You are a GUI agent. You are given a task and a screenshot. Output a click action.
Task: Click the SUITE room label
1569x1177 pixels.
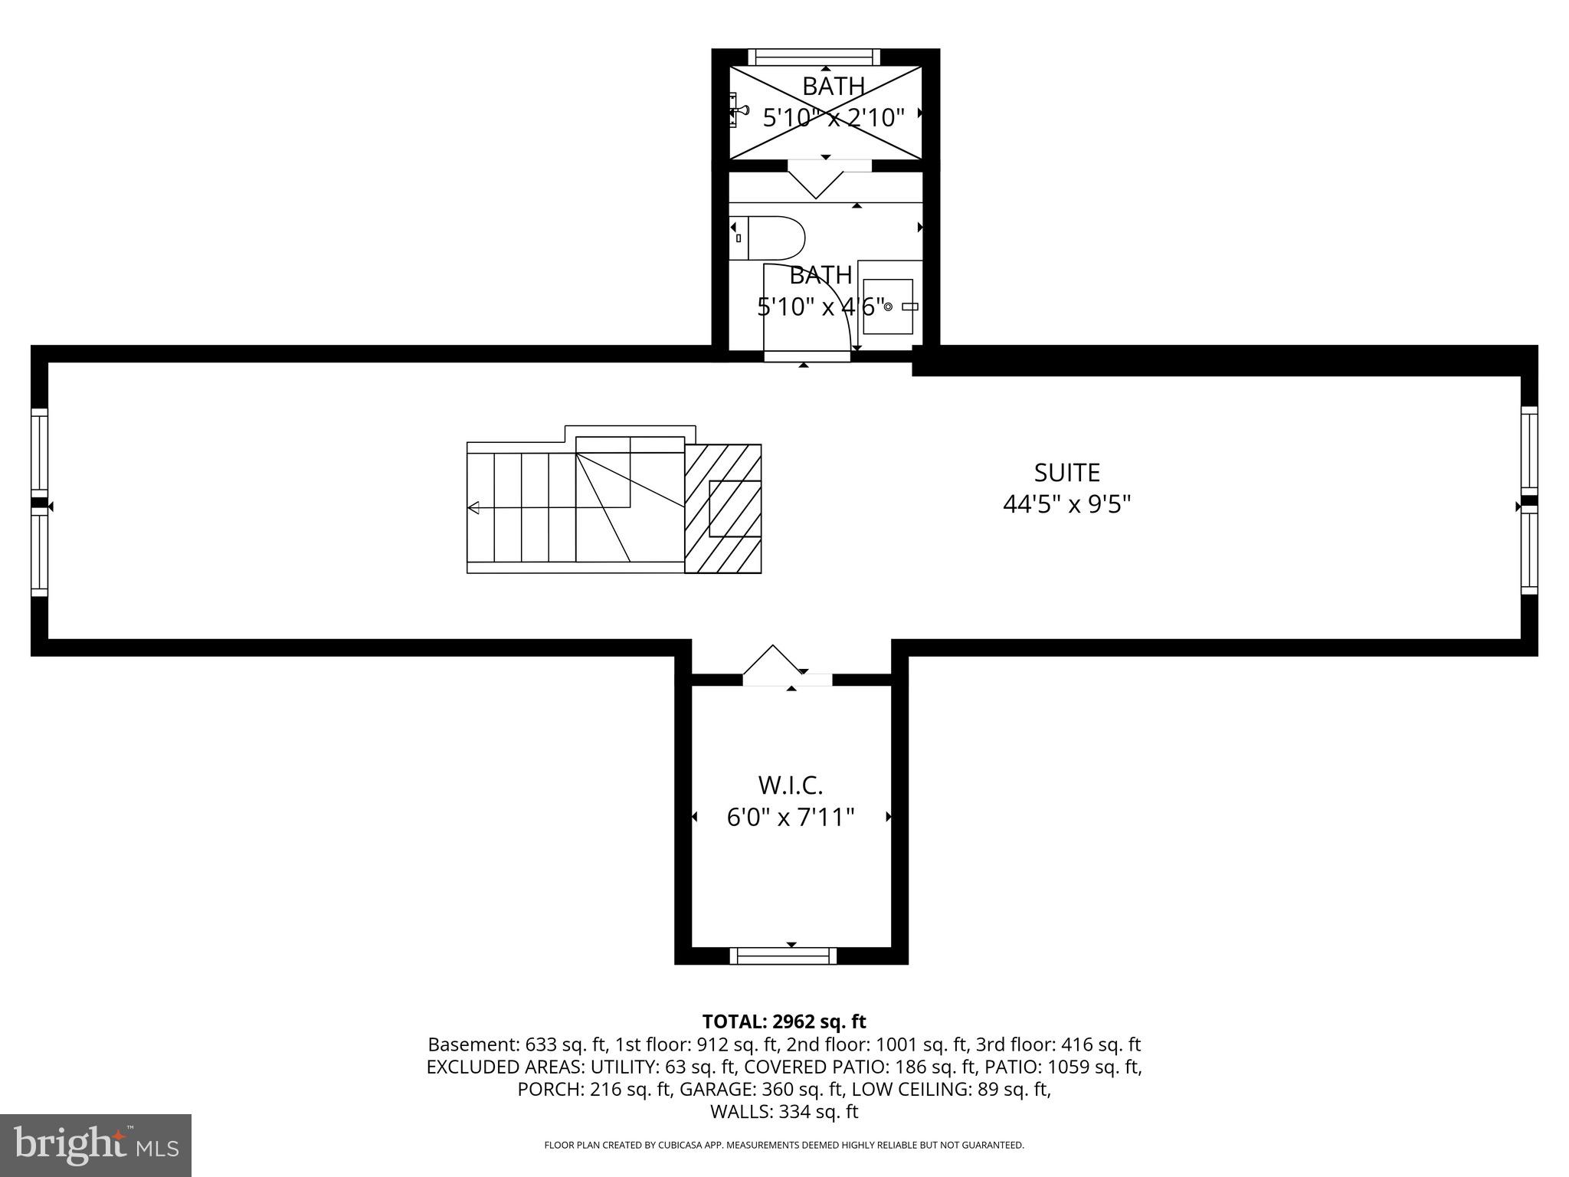click(1066, 473)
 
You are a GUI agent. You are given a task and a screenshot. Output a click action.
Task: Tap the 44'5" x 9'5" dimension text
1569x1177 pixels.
click(1066, 505)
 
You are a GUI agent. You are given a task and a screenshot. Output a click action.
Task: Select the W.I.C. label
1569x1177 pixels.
click(790, 785)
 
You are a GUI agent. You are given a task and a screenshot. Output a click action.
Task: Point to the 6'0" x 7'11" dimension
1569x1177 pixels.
click(790, 818)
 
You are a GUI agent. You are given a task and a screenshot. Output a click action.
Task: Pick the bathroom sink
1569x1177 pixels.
click(889, 307)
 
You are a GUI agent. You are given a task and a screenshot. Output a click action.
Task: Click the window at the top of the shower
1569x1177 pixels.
click(814, 57)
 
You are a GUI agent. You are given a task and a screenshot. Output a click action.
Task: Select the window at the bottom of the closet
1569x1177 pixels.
click(783, 955)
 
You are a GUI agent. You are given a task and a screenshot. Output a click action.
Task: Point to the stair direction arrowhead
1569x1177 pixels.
click(473, 507)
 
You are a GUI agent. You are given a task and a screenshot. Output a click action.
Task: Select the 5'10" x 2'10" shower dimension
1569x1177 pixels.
click(834, 117)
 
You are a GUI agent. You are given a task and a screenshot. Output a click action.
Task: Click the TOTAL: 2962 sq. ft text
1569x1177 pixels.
click(784, 1021)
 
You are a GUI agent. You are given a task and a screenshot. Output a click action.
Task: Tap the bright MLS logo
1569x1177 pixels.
click(96, 1146)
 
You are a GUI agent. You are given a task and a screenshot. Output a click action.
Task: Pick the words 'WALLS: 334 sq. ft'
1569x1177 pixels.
click(784, 1111)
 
